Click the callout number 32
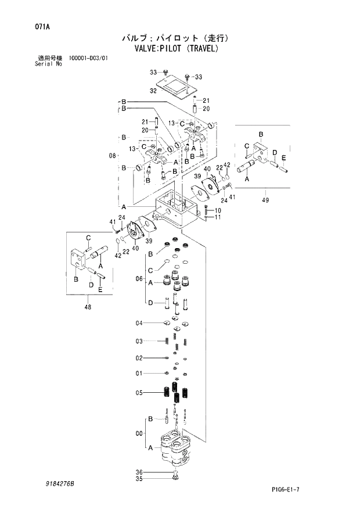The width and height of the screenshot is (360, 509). [153, 91]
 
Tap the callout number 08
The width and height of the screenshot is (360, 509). [113, 155]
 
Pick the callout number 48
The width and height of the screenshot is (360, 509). [88, 308]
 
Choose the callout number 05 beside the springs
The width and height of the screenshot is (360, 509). [139, 393]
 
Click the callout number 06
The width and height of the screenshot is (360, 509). [139, 279]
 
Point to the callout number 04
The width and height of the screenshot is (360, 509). [139, 323]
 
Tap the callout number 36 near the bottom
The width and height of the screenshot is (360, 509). [139, 471]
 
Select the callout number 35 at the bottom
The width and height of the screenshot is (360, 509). [139, 479]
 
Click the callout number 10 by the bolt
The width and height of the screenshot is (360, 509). [218, 210]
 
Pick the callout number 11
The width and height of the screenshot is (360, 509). [218, 217]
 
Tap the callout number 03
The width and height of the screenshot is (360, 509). [139, 341]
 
